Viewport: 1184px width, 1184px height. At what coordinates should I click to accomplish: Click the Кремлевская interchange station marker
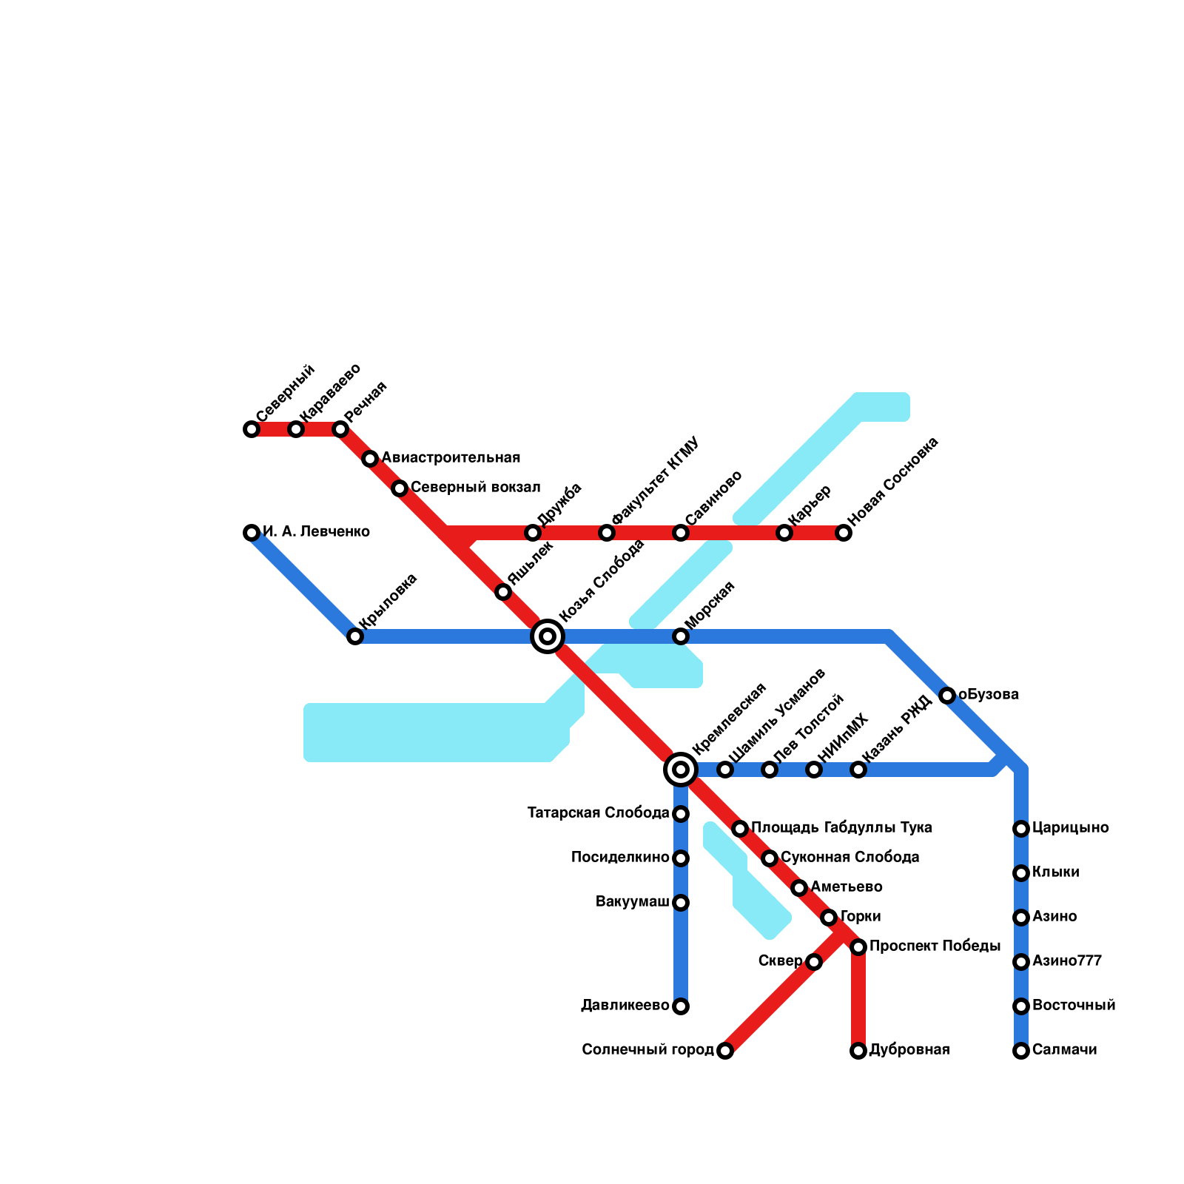681,770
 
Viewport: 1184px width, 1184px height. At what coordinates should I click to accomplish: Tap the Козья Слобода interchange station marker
548,636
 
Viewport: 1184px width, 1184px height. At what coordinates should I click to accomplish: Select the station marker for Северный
252,429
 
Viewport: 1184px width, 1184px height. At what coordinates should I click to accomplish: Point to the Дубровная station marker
858,1051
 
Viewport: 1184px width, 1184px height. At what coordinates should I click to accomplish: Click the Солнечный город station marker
725,1051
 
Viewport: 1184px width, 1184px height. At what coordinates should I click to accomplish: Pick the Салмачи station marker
1021,1051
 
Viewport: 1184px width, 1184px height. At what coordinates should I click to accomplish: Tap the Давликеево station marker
681,1006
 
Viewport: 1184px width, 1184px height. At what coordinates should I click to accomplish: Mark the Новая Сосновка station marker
844,533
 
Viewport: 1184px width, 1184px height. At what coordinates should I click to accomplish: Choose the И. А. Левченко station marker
252,533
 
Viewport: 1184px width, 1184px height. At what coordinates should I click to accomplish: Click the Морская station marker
681,636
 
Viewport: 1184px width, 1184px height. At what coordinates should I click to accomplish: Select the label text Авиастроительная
451,458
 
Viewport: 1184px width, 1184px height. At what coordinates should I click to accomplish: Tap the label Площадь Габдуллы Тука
841,828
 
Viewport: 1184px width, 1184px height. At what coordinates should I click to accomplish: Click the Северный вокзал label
475,488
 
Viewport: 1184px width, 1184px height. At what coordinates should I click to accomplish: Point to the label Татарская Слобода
599,813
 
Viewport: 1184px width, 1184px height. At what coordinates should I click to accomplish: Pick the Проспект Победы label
935,946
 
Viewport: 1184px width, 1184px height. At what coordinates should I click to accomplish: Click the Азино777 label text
1067,961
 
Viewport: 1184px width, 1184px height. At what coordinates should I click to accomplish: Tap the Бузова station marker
947,696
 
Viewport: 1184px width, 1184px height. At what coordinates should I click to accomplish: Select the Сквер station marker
814,962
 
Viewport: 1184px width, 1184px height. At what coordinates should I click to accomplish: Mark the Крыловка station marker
355,636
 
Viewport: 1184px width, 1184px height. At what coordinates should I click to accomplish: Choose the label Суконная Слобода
850,858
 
